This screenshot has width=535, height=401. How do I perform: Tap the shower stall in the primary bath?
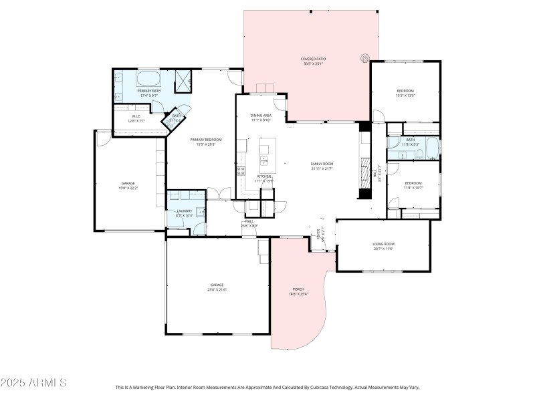(x=183, y=81)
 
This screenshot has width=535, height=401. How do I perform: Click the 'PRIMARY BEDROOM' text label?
(x=205, y=139)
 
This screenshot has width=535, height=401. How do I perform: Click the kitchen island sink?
(x=264, y=160)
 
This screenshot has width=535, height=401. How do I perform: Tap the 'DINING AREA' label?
(x=261, y=116)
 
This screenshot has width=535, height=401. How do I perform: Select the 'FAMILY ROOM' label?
(x=322, y=164)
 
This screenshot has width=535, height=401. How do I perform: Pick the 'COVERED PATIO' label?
(x=312, y=59)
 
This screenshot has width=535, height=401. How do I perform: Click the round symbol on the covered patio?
(x=365, y=58)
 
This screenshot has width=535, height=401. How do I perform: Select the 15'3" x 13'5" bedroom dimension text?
(x=406, y=96)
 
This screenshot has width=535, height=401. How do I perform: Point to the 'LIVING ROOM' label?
(x=384, y=244)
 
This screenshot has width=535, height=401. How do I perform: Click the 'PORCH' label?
(x=298, y=289)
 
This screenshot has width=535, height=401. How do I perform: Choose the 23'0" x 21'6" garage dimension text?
(x=217, y=289)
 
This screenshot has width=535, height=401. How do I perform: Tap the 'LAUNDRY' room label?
(x=185, y=211)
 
